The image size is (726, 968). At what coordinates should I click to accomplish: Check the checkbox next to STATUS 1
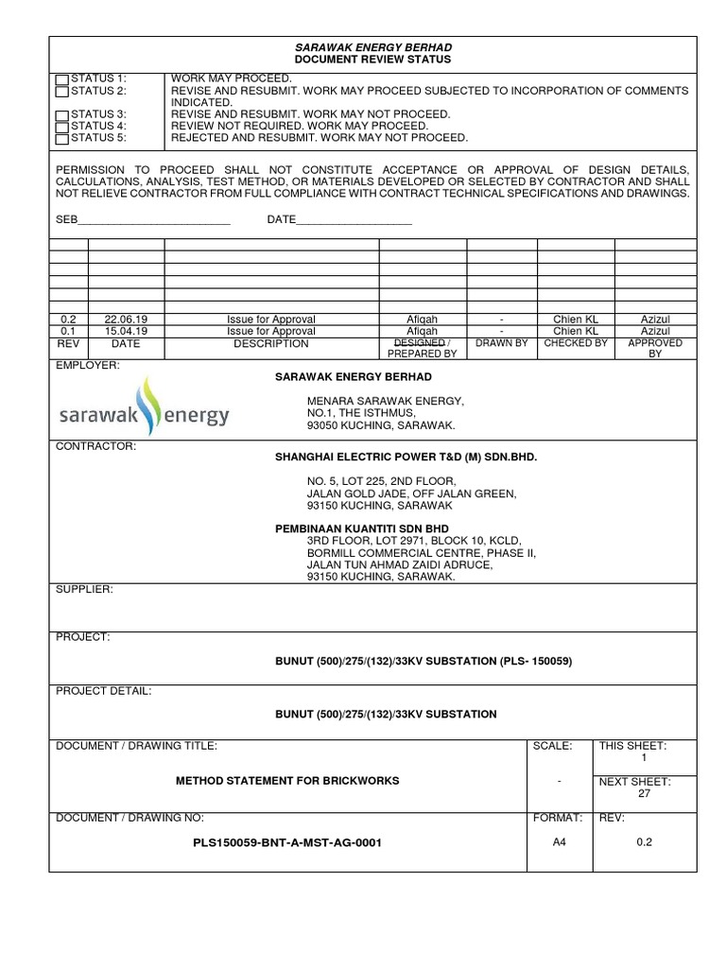(62, 78)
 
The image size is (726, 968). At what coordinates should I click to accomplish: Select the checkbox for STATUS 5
(62, 139)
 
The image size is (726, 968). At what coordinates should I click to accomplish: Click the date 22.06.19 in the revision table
(126, 320)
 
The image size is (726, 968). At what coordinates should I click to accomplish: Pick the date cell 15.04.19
(126, 332)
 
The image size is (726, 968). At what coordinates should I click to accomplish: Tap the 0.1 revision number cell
(68, 332)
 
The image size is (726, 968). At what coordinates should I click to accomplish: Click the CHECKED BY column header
(576, 343)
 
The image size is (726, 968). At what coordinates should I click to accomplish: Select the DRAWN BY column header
(501, 343)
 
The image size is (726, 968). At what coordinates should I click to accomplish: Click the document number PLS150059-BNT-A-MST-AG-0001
(286, 842)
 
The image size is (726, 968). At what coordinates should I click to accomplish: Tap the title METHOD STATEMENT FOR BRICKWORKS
(287, 781)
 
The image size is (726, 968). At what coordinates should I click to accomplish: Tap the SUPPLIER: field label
(85, 589)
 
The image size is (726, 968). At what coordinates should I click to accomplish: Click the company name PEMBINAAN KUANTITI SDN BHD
(362, 527)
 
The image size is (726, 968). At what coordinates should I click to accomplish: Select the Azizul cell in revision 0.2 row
(655, 320)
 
